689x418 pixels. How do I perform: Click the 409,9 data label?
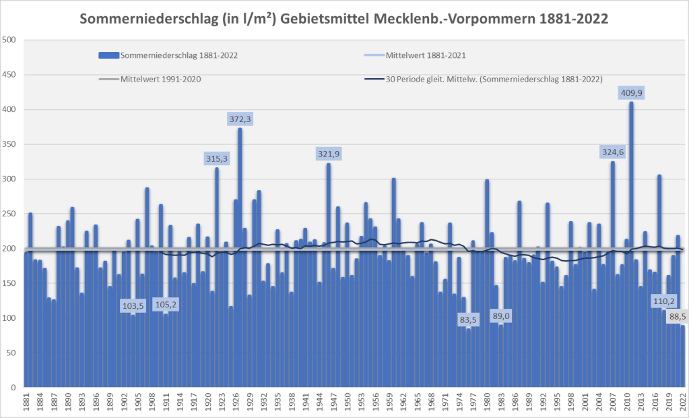tap(631, 94)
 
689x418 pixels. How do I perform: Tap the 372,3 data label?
tap(240, 119)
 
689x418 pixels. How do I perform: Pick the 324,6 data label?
tap(613, 152)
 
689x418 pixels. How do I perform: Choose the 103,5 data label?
tap(133, 306)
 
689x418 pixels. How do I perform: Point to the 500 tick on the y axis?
tap(9, 40)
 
